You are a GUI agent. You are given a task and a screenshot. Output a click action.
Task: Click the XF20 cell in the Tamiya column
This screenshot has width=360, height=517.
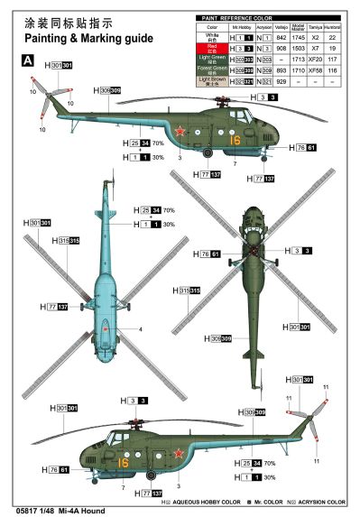(318, 58)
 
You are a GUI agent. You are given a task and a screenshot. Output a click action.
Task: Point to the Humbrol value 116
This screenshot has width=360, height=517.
(338, 69)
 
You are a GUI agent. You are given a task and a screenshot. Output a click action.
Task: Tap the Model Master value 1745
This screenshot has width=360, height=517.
(300, 37)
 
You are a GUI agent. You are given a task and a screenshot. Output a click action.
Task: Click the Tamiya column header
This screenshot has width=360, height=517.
(318, 27)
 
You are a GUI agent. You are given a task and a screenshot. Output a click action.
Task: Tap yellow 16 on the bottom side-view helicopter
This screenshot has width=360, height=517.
(123, 462)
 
